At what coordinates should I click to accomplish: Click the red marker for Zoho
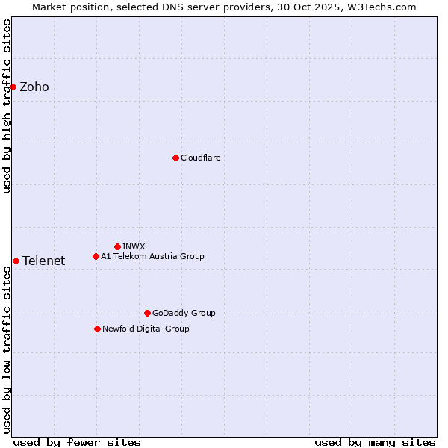coord(13,87)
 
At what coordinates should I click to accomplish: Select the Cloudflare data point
coord(175,158)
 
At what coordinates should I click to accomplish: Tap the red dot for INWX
coord(117,246)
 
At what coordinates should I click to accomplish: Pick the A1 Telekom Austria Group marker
coord(96,256)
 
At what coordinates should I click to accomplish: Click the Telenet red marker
coord(16,261)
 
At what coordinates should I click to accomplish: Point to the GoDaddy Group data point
coord(147,313)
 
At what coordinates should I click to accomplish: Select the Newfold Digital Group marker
coord(97,329)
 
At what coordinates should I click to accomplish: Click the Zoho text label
coord(34,87)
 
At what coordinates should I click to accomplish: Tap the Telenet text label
coord(43,261)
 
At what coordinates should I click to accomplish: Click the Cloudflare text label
coord(200,158)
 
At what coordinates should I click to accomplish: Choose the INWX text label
coord(134,246)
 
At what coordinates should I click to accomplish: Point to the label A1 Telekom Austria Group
coord(152,256)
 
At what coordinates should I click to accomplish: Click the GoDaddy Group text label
coord(184,313)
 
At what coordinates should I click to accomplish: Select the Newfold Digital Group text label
coord(146,329)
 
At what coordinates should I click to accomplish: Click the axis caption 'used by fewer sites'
coord(77,442)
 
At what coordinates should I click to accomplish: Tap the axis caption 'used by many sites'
coord(375,442)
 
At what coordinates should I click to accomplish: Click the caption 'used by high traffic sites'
coord(7,106)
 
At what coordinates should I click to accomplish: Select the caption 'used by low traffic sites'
coord(7,349)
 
